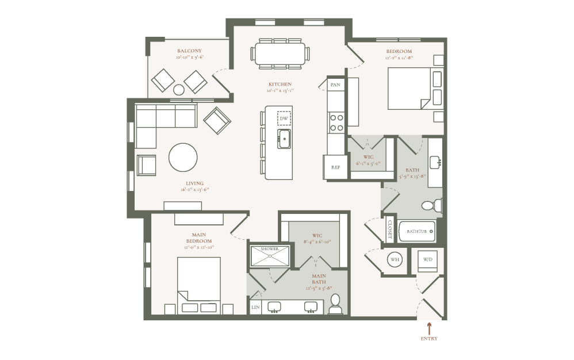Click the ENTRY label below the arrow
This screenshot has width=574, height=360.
429,339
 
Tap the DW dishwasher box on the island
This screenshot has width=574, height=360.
284,118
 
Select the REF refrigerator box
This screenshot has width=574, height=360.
335,167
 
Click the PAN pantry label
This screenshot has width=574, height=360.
335,85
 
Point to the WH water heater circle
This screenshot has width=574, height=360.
395,259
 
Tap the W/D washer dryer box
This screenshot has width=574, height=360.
427,260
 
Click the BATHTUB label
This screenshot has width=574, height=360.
416,231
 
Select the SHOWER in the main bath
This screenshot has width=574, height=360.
270,256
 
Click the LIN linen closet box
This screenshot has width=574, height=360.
255,308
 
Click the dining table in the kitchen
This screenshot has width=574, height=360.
280,54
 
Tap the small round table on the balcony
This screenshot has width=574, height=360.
179,90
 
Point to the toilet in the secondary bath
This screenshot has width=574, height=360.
430,205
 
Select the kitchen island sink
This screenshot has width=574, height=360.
284,139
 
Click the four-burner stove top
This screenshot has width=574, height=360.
336,122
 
